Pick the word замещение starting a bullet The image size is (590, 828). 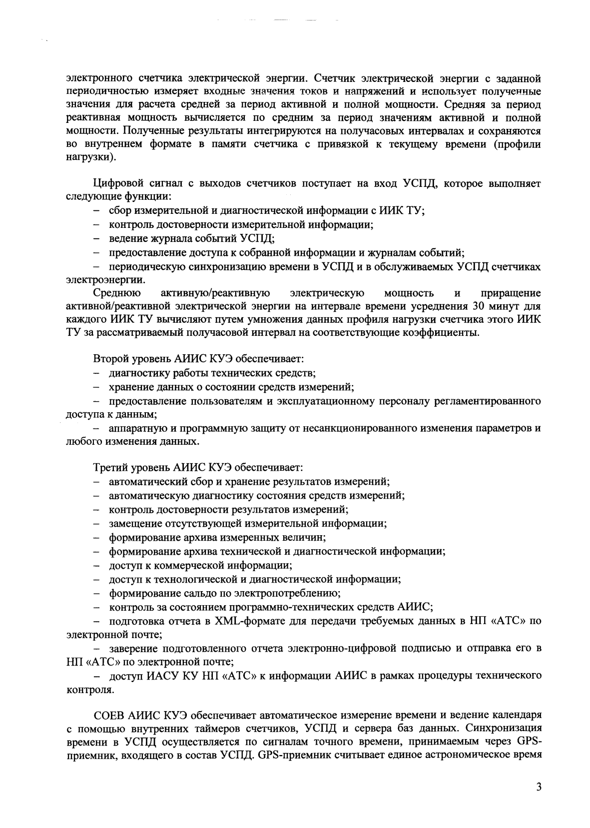coord(132,524)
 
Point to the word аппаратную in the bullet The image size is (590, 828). coord(132,429)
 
